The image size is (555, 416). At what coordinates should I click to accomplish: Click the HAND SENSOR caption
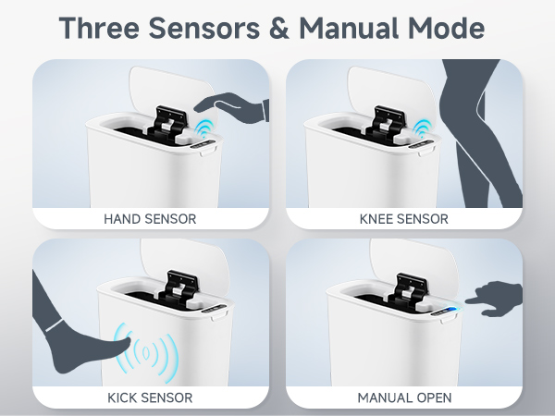click(150, 219)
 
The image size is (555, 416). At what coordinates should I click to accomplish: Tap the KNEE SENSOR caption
click(403, 219)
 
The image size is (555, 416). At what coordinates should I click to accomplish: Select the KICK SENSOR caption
click(150, 398)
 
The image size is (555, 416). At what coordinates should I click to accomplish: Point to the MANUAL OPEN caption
click(403, 398)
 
